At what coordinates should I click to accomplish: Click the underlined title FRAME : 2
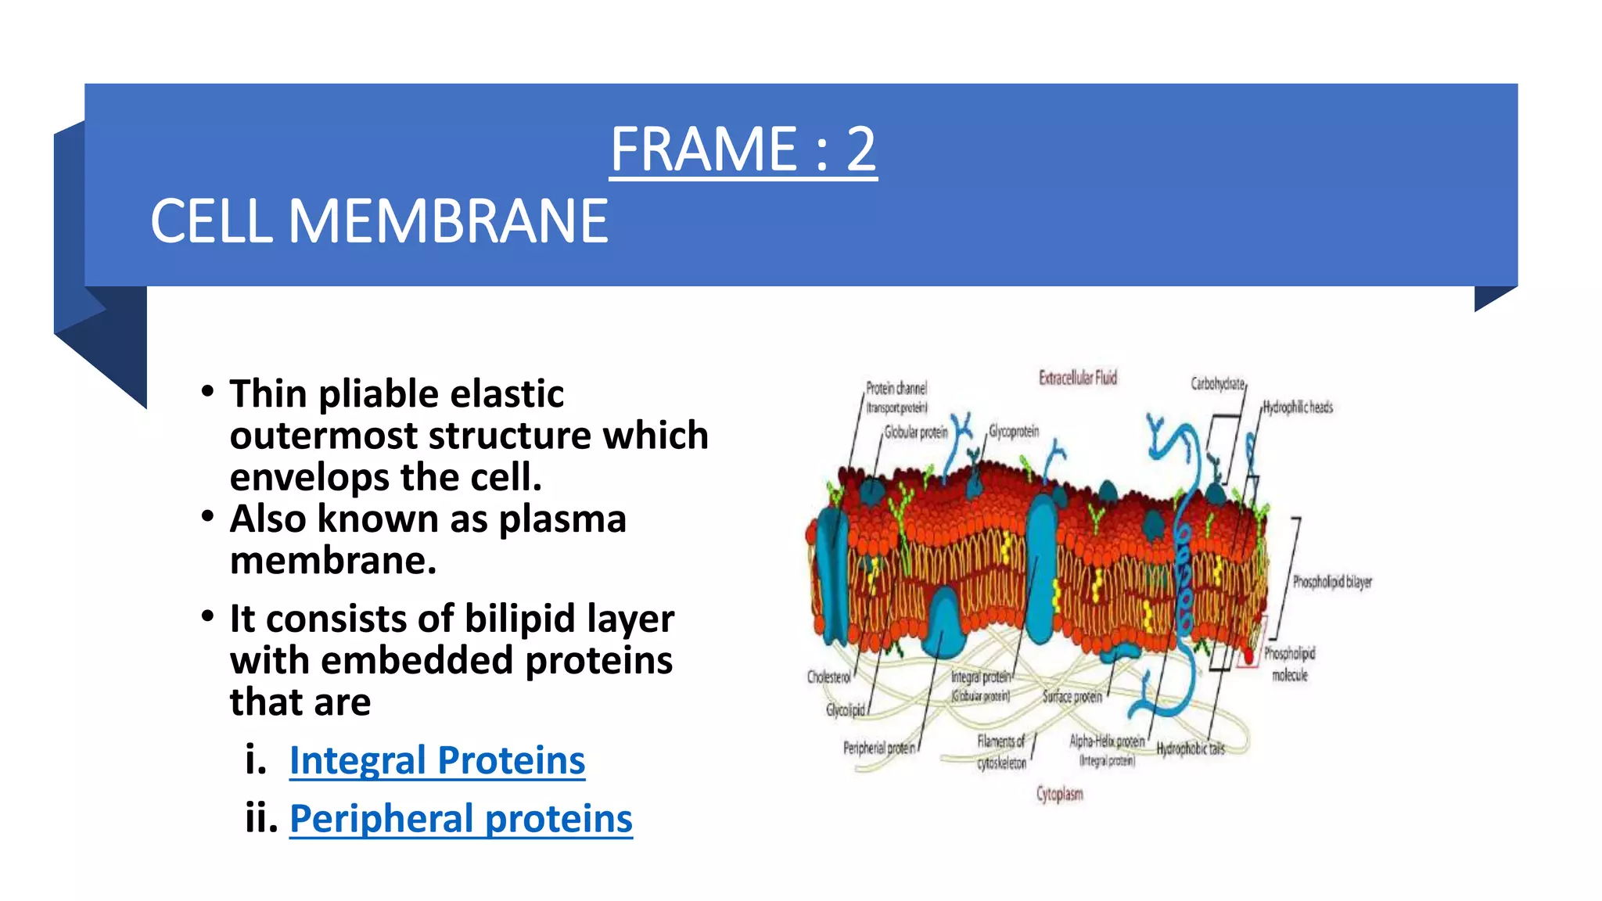(x=742, y=149)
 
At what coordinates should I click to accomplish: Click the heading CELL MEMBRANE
(x=379, y=221)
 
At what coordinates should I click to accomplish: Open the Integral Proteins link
(x=436, y=760)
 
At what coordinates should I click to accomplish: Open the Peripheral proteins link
(x=461, y=819)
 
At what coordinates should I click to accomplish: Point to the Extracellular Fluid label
(x=1077, y=378)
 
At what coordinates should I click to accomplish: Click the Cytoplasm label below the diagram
(x=1059, y=794)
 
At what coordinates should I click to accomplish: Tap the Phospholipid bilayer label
(x=1331, y=582)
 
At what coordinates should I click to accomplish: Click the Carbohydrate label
(x=1217, y=384)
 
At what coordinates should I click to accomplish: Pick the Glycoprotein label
(x=1014, y=432)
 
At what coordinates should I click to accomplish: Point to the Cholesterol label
(x=828, y=677)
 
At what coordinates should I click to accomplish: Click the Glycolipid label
(x=846, y=710)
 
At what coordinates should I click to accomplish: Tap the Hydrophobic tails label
(x=1191, y=749)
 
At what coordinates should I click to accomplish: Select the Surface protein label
(x=1072, y=696)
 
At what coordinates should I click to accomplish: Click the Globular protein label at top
(x=915, y=433)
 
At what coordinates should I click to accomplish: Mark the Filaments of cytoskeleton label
(x=1000, y=752)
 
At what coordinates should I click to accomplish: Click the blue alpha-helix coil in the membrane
(x=1184, y=579)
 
